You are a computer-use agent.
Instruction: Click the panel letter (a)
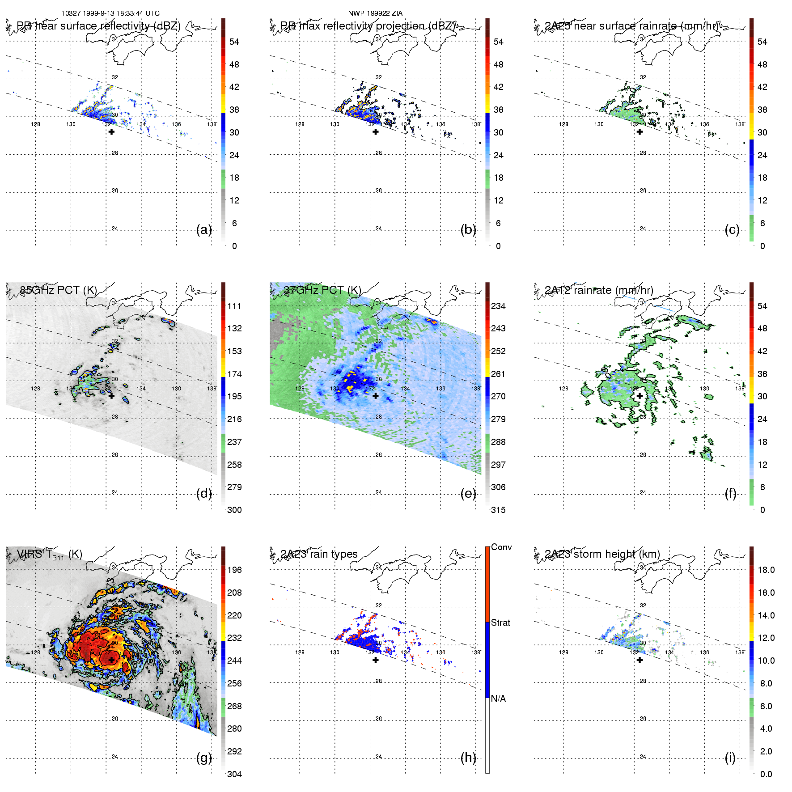tap(204, 230)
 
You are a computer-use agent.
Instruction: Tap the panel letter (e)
tap(468, 494)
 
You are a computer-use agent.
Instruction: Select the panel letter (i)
tap(730, 758)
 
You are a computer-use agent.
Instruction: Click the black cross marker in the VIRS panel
tap(111, 660)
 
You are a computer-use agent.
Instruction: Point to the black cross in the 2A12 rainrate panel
tap(640, 396)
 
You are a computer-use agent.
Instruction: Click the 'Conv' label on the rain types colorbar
tap(501, 547)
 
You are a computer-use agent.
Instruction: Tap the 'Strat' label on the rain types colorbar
tap(500, 623)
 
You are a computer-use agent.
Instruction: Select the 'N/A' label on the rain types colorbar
tap(498, 699)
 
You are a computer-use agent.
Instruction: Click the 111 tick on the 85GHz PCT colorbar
tap(234, 306)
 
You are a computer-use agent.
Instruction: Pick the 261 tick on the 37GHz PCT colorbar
tap(498, 374)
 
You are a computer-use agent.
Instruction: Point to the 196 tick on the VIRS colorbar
tap(234, 570)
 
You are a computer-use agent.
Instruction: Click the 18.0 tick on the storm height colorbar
tap(766, 570)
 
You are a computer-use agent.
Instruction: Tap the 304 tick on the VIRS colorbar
tap(234, 774)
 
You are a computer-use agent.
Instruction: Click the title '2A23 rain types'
tap(319, 555)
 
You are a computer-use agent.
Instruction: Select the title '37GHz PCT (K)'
tap(322, 290)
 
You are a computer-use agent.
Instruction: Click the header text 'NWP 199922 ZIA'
tap(375, 13)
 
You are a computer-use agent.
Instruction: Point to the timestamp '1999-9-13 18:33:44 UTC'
tap(121, 13)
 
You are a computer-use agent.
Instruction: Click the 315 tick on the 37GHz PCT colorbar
tap(498, 510)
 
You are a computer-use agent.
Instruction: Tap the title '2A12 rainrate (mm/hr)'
tap(599, 290)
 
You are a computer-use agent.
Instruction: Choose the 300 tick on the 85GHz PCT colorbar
tap(234, 510)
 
